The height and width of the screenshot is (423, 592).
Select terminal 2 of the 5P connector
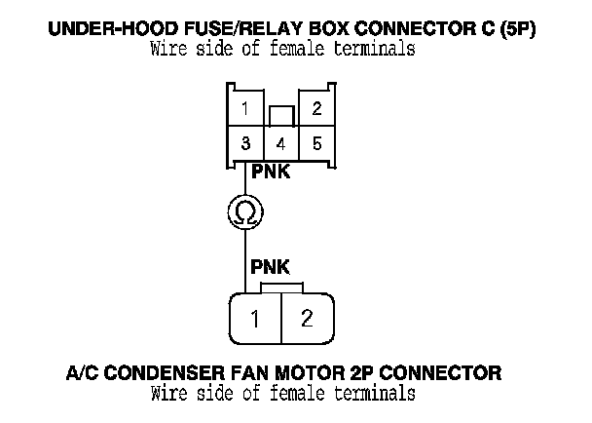coord(316,109)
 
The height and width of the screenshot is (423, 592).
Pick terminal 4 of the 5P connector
coord(280,143)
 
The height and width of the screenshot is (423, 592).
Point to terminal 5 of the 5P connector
coord(316,143)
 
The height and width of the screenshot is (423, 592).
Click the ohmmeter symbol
coord(244,211)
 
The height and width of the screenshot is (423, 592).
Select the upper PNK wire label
coord(270,172)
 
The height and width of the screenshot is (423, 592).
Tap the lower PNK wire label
coord(270,265)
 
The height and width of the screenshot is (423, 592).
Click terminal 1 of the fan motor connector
coord(253,318)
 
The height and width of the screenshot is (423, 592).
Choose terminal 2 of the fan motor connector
coord(308,318)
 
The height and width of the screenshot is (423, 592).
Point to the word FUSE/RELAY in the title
coord(225,29)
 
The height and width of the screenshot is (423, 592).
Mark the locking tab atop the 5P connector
coord(280,115)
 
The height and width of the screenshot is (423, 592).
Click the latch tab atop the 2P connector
coord(280,288)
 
